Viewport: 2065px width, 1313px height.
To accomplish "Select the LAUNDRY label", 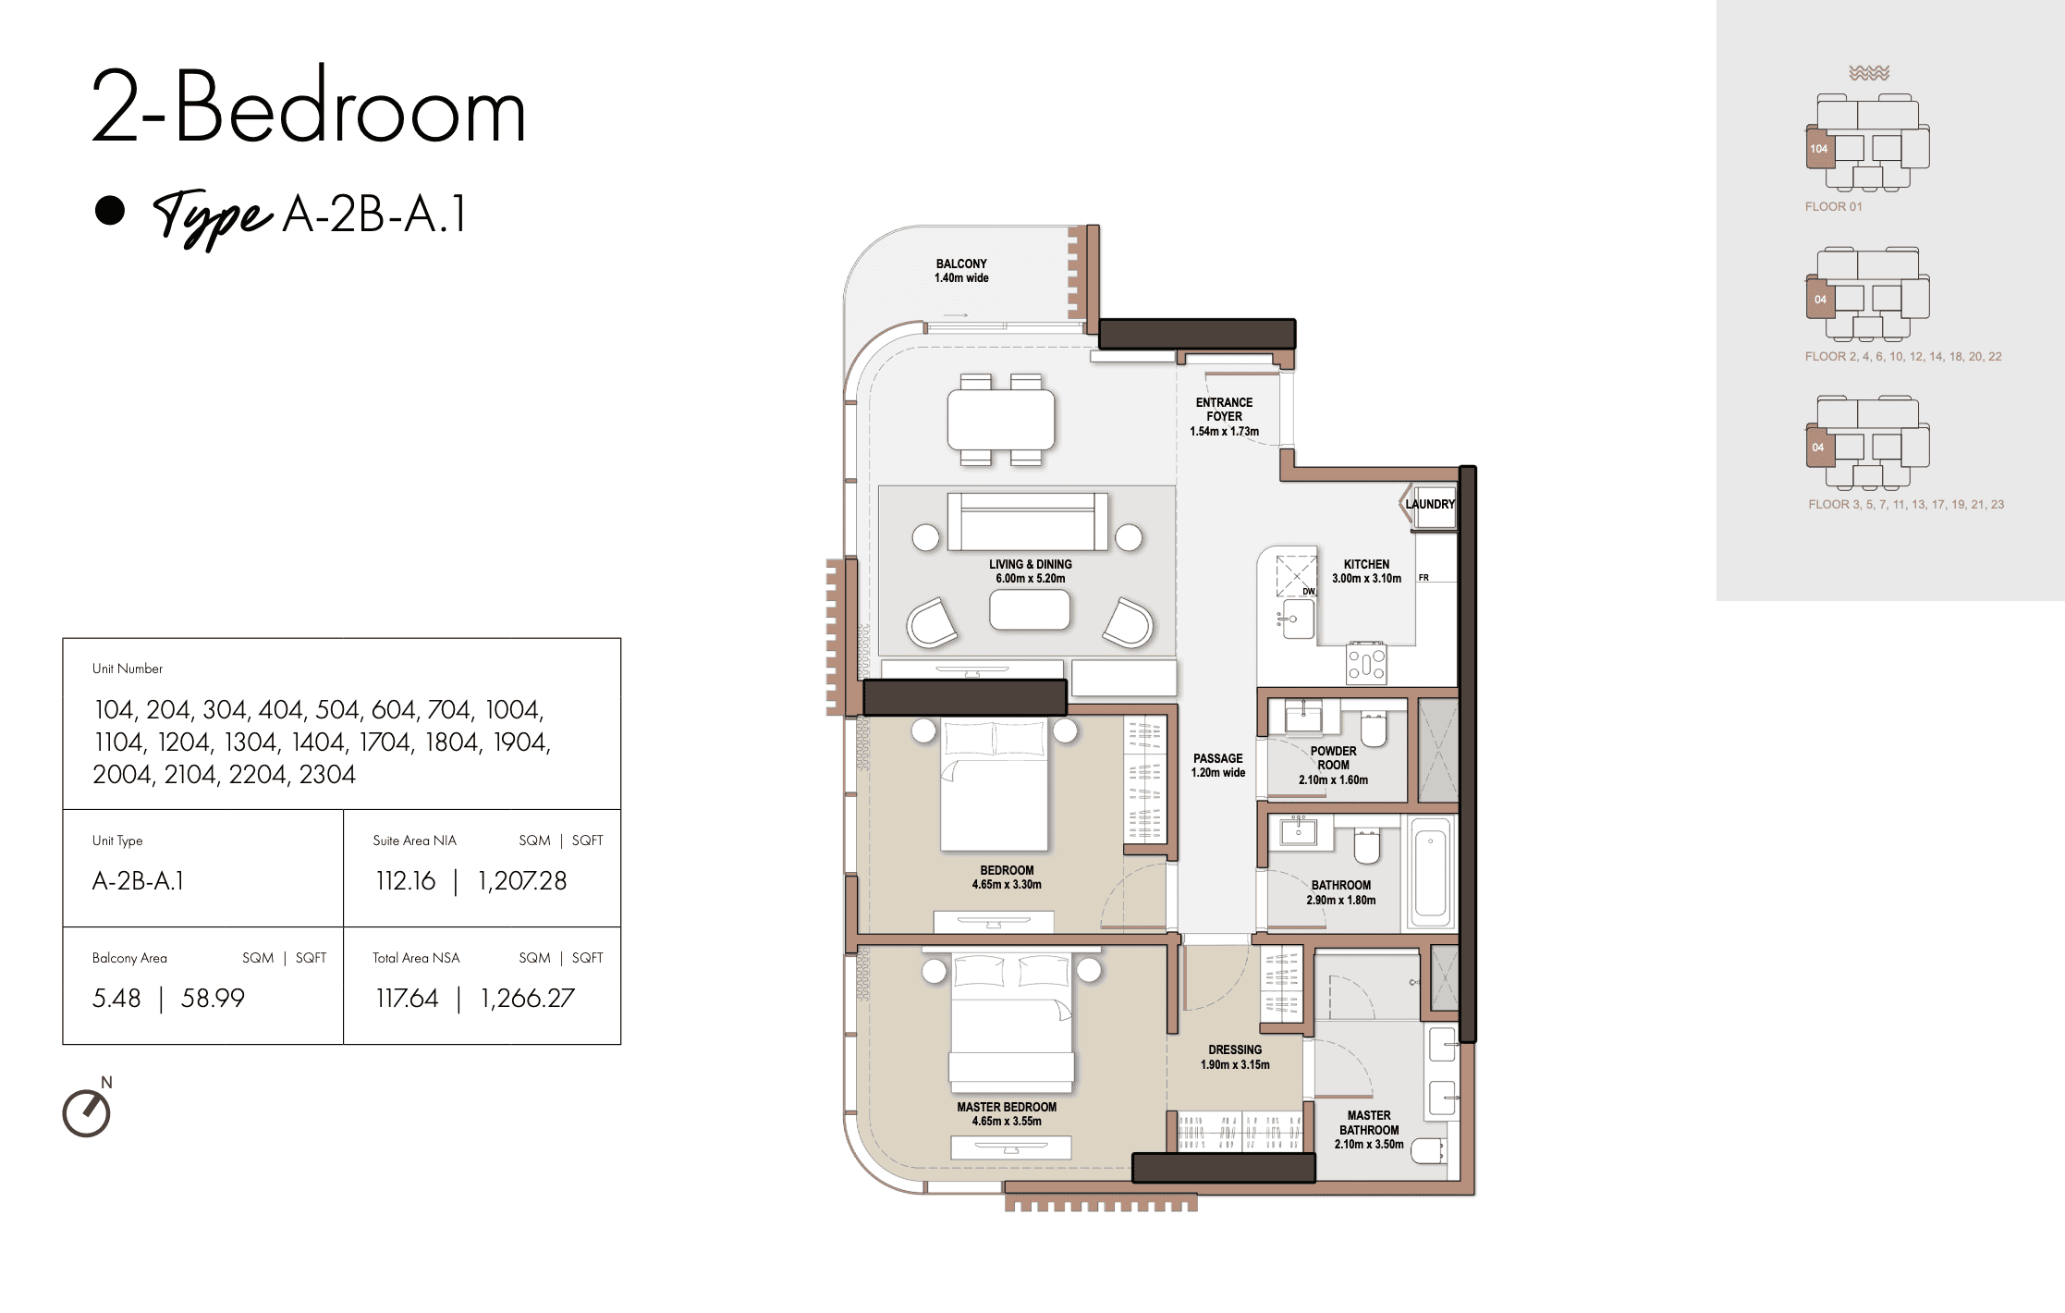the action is click(1430, 504).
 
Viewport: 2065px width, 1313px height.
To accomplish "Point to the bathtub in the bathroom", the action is click(1430, 873).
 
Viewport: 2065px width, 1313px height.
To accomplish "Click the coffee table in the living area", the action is click(1030, 610).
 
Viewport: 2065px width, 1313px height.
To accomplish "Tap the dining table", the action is click(1001, 420).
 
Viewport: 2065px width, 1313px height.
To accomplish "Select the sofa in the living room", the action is click(1028, 522).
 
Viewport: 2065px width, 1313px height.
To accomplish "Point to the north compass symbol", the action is click(87, 1112).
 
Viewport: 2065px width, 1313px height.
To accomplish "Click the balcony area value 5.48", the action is click(116, 998).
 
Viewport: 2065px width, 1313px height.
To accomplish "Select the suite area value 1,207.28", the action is click(522, 880).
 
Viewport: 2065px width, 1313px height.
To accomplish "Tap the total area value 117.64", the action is click(407, 998).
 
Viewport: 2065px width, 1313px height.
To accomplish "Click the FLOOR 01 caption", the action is click(1834, 206).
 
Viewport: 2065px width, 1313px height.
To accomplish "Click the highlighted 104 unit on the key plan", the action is click(1820, 149).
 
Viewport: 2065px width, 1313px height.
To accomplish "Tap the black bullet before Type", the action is click(110, 210).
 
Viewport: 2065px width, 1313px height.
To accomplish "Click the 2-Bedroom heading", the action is click(309, 106).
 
